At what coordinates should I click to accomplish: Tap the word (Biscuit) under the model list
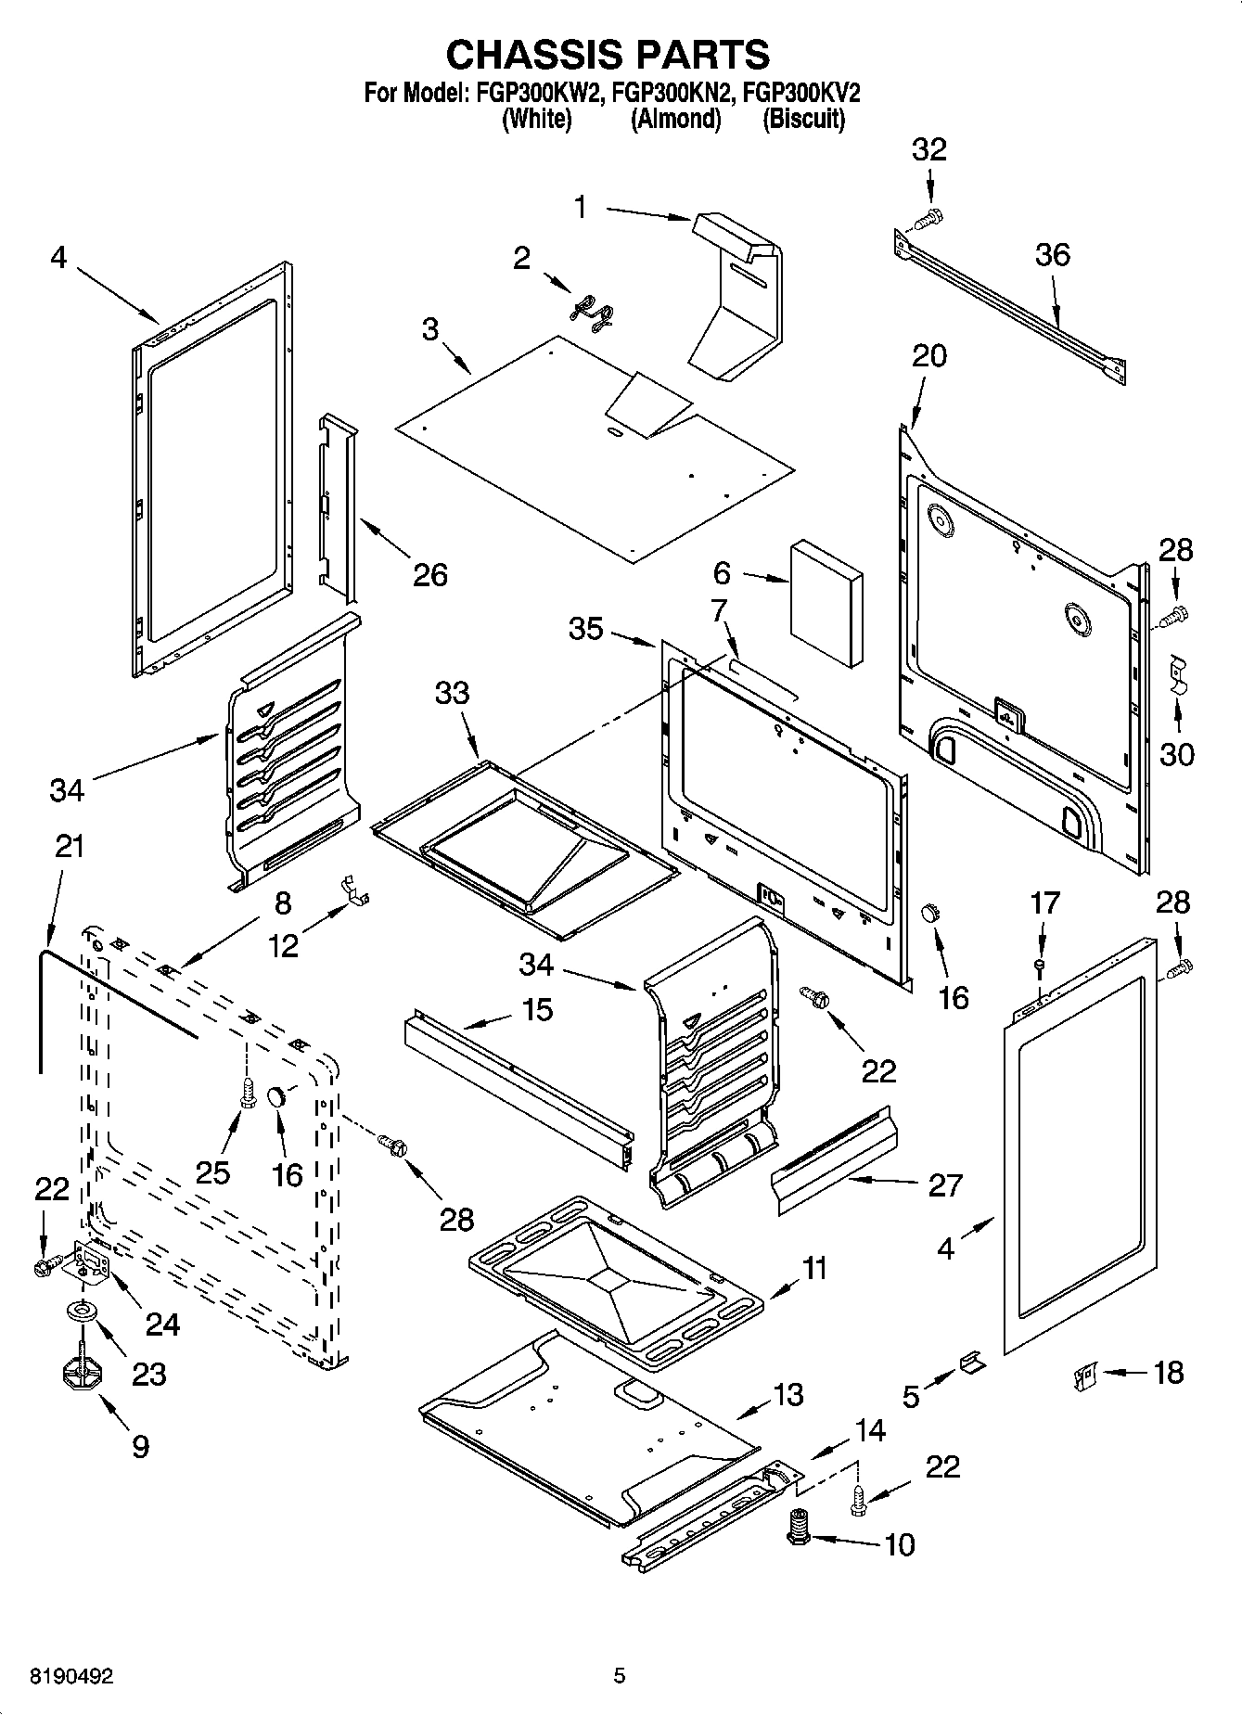[x=803, y=119]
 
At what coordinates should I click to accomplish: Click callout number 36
[x=1053, y=255]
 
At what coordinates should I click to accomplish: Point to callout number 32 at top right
[x=928, y=149]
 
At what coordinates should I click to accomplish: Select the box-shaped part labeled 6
[x=826, y=604]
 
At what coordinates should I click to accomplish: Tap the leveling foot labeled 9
[x=81, y=1373]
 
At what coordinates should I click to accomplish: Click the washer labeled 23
[x=83, y=1313]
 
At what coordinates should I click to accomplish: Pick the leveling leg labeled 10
[x=797, y=1526]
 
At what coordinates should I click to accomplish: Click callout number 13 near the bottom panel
[x=788, y=1396]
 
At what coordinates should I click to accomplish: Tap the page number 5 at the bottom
[x=619, y=1676]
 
